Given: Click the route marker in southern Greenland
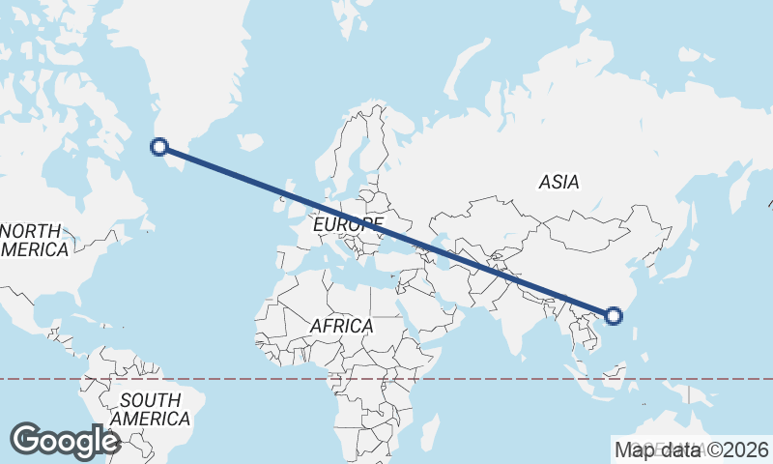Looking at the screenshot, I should point(159,147).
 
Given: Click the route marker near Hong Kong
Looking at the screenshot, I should point(613,315).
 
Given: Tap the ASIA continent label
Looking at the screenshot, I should point(558,182).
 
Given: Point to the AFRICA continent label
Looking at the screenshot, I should point(341,327).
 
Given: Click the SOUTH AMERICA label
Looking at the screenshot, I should point(150,410).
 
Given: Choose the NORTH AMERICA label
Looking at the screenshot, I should point(35,241).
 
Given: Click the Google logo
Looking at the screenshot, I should point(65,441).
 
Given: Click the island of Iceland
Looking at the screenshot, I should point(250,141).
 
